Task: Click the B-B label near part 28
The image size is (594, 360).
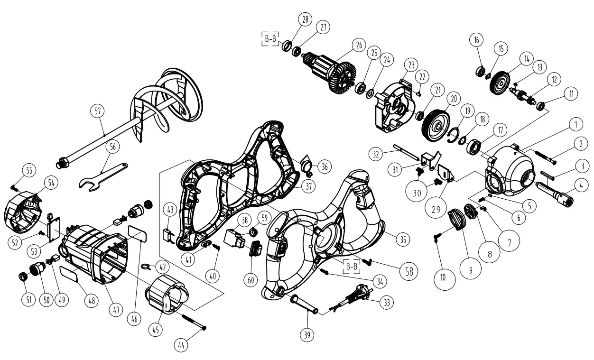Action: pyautogui.click(x=271, y=39)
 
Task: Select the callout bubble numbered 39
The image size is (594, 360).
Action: pyautogui.click(x=307, y=334)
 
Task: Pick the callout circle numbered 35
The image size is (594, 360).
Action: pyautogui.click(x=403, y=240)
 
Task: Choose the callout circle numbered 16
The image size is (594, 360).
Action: pyautogui.click(x=476, y=39)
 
